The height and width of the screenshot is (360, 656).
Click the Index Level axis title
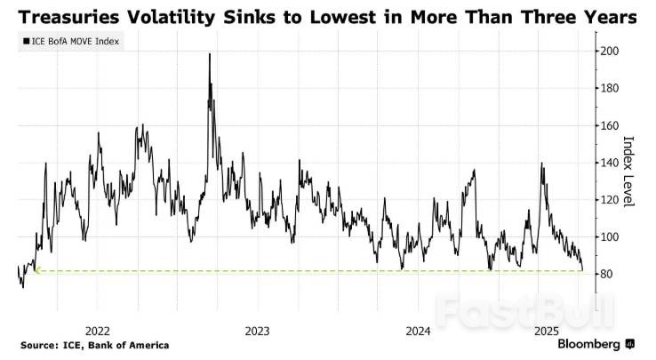[629, 172]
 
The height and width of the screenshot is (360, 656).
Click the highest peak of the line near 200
[210, 54]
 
